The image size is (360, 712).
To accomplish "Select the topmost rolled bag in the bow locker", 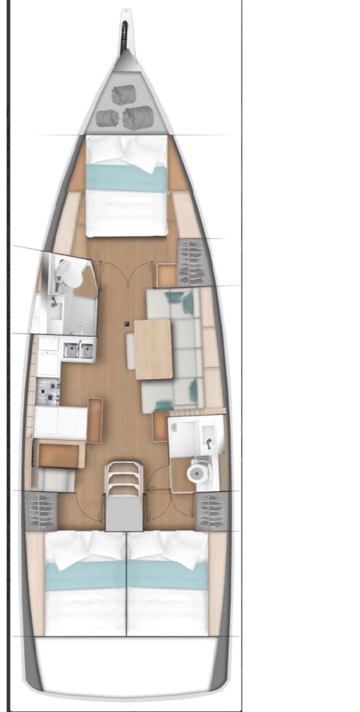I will click(123, 96).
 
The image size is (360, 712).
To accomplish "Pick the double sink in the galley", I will click(79, 350).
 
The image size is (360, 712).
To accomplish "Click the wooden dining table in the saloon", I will click(154, 349).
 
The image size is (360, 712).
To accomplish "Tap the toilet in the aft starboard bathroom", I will click(197, 472).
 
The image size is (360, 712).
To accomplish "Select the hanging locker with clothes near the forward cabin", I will click(193, 262).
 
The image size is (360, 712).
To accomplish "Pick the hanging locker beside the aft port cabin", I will click(40, 510).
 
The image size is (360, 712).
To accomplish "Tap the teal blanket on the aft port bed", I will click(85, 575).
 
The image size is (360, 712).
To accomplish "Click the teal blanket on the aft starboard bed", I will click(167, 575).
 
